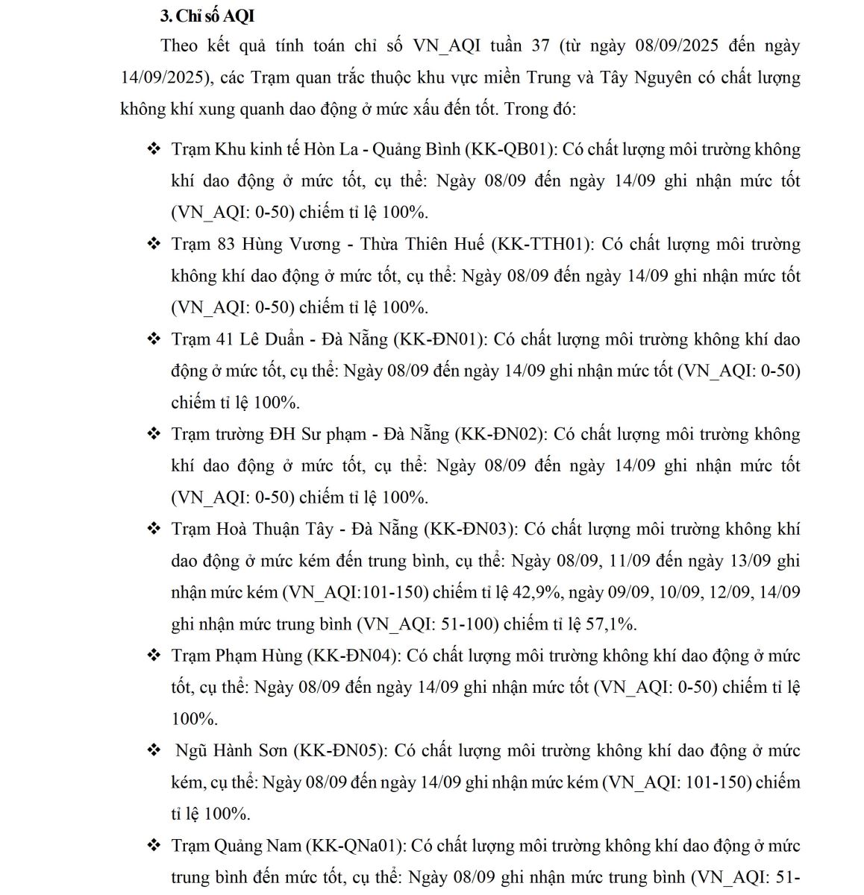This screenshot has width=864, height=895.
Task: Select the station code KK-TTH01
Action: [x=542, y=244]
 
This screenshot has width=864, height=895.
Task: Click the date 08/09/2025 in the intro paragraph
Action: [x=677, y=45]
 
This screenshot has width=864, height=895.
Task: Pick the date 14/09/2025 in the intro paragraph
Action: [x=164, y=78]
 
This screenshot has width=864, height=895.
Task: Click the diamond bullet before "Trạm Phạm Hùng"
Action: [x=154, y=656]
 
